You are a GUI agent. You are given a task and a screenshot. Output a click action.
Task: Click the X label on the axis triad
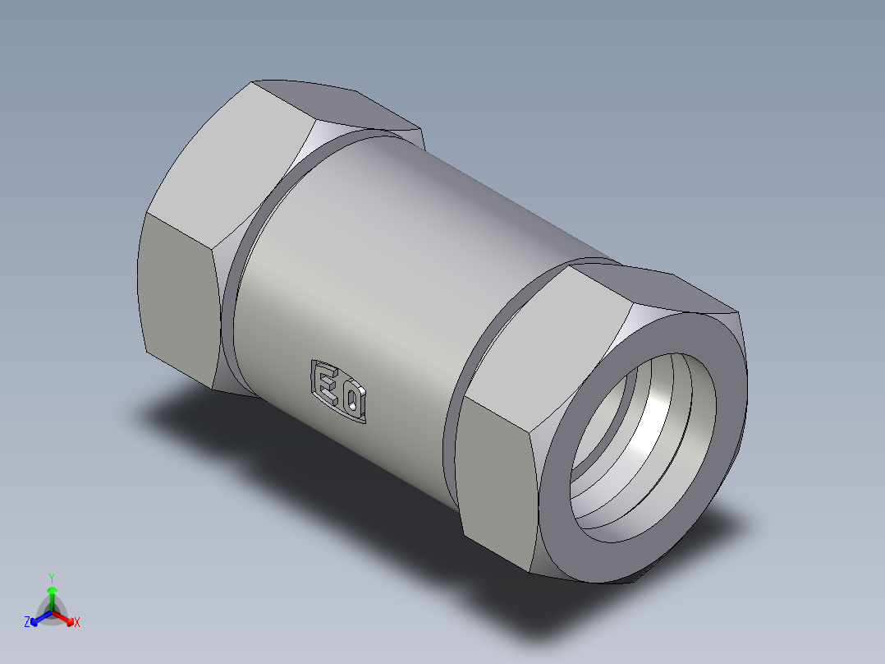77,622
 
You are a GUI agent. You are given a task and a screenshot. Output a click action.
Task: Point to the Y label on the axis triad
51,578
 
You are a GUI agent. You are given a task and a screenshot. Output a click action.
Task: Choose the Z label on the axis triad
27,622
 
